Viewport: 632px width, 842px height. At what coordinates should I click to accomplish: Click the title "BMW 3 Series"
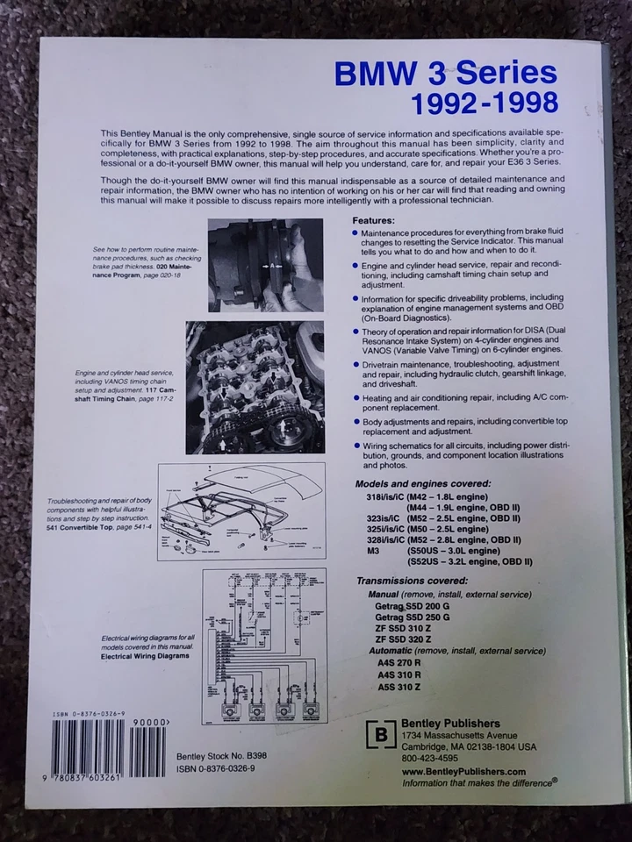coord(445,73)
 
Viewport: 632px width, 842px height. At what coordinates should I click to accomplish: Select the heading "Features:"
coord(373,220)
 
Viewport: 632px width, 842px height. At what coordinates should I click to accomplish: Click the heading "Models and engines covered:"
coord(422,483)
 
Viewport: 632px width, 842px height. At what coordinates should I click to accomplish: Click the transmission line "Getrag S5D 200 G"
coord(413,606)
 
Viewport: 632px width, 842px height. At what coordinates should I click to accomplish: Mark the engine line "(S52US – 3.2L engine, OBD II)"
coord(470,561)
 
